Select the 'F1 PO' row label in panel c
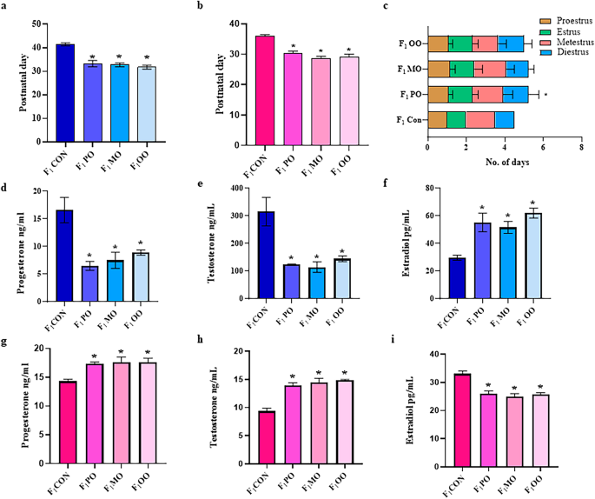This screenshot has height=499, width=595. click(x=412, y=93)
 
